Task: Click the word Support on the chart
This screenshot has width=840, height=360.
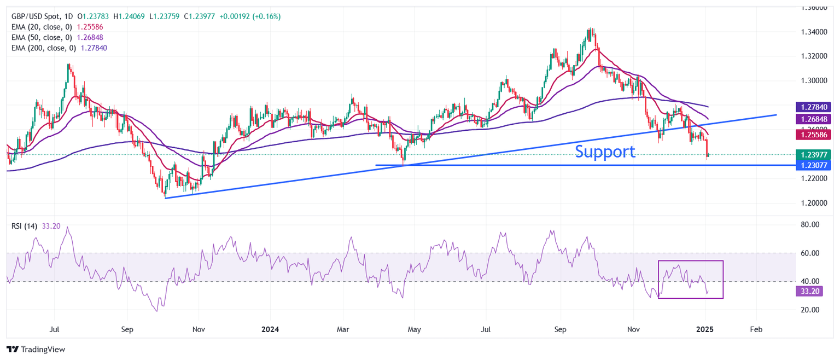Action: click(605, 152)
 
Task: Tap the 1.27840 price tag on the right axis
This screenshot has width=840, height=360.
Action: click(814, 107)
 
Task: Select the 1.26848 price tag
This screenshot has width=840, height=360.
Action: click(814, 119)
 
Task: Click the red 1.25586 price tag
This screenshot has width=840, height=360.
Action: click(814, 134)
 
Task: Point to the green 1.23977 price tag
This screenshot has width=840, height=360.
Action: click(814, 155)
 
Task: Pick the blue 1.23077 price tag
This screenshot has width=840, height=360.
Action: click(814, 165)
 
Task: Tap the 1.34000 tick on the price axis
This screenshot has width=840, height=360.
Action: click(813, 32)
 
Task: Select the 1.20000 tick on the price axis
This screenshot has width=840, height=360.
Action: click(813, 203)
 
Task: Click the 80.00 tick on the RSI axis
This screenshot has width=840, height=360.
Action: click(810, 225)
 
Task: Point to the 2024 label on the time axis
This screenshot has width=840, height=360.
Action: click(270, 330)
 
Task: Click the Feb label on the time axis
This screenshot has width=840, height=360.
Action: click(756, 330)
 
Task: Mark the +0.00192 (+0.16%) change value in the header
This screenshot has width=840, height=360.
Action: click(250, 16)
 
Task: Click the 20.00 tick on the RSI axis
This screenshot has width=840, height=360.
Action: click(810, 310)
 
